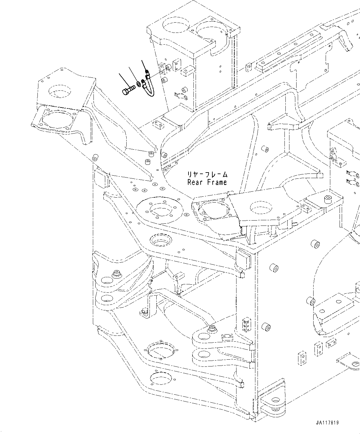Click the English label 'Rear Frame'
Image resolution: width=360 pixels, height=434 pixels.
pyautogui.click(x=207, y=182)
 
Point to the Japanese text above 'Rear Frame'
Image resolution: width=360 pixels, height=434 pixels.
pyautogui.click(x=207, y=174)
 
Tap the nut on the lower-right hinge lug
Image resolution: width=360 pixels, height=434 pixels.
pyautogui.click(x=212, y=328)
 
